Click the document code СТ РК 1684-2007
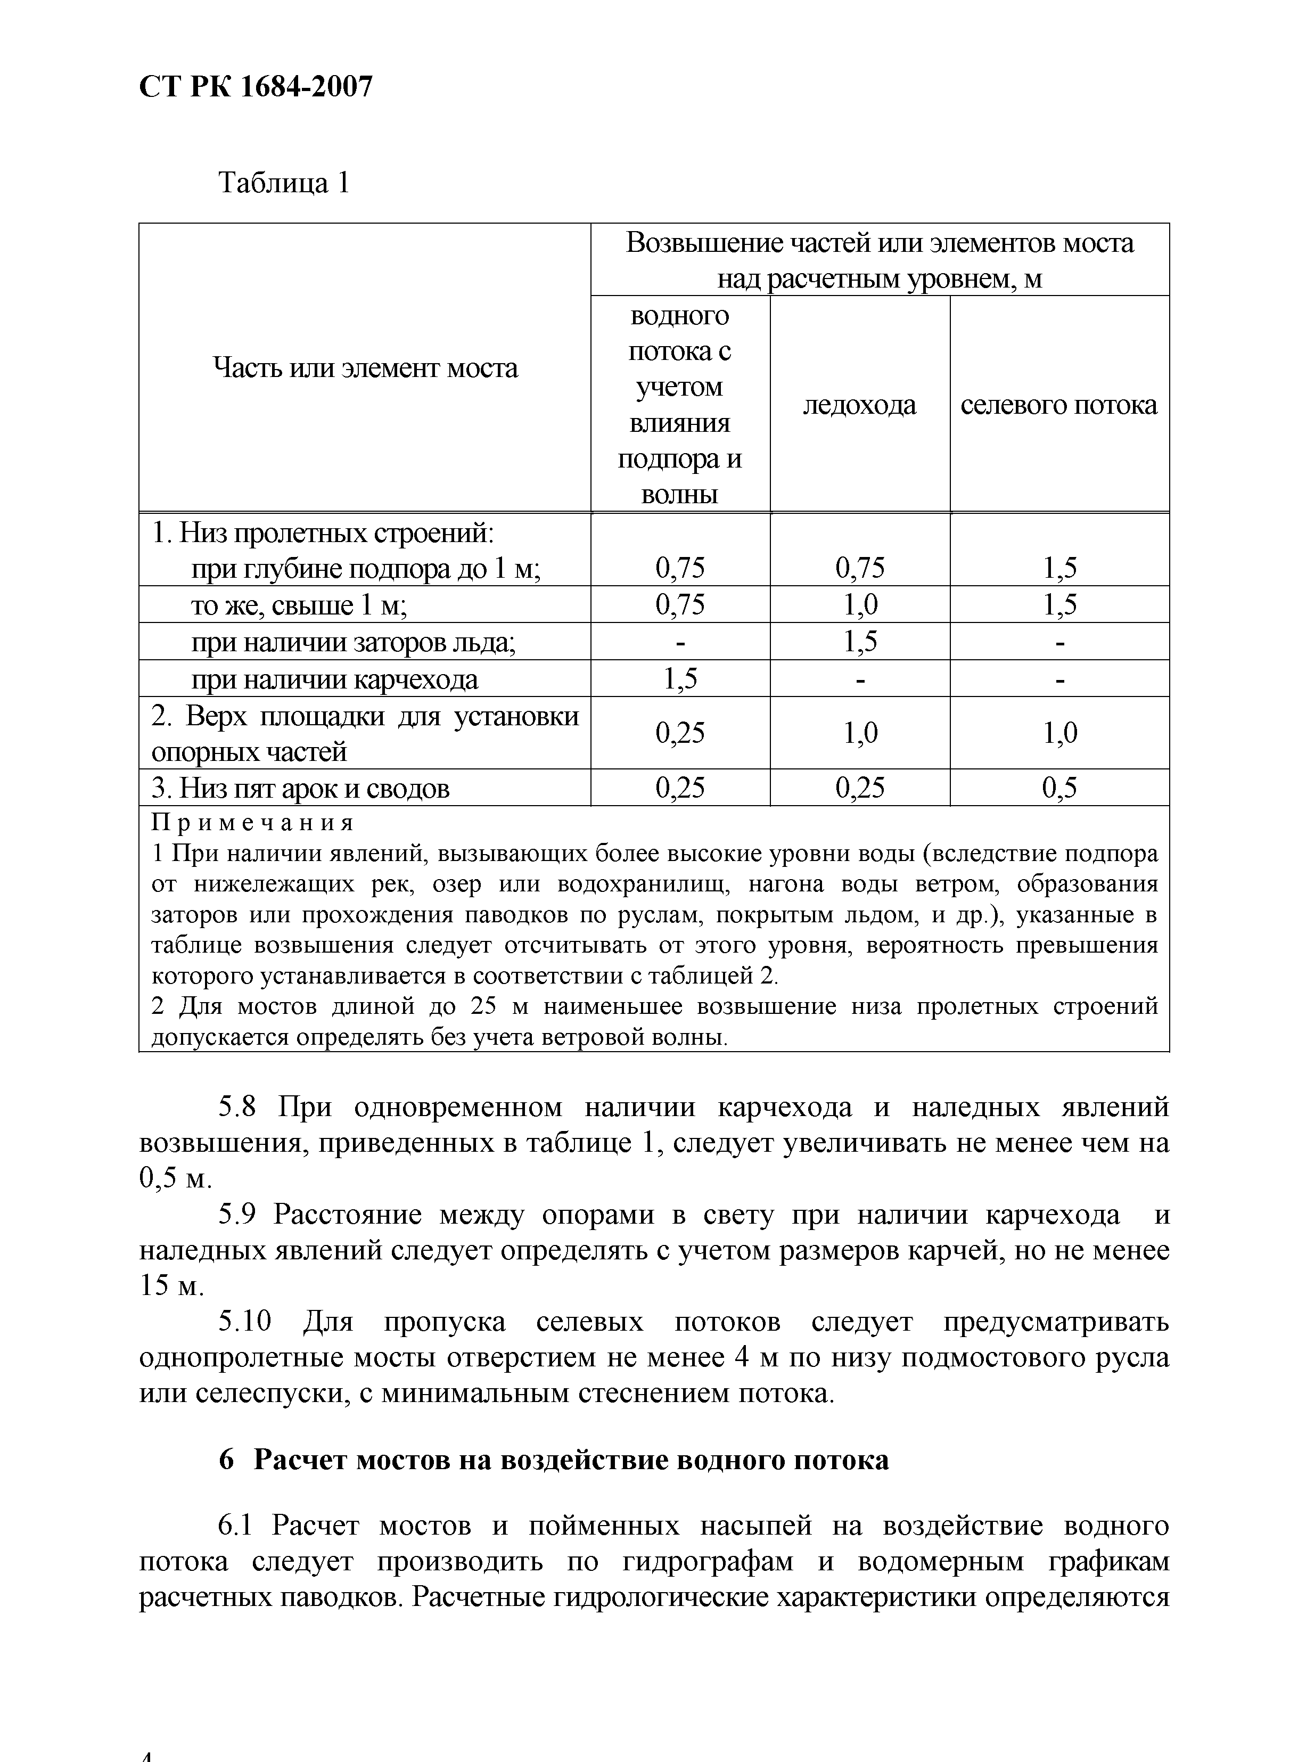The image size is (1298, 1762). click(256, 86)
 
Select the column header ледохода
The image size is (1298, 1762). click(860, 405)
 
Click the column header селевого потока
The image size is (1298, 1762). click(1058, 405)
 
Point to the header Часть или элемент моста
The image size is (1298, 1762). click(365, 368)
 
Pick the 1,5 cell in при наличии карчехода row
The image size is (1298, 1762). click(680, 679)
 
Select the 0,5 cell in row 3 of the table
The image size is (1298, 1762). click(1058, 788)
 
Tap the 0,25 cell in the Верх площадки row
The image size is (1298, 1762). click(680, 733)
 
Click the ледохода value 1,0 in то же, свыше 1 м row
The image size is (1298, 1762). click(860, 604)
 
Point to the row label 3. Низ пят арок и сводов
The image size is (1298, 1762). click(300, 788)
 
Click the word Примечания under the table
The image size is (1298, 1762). click(252, 823)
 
